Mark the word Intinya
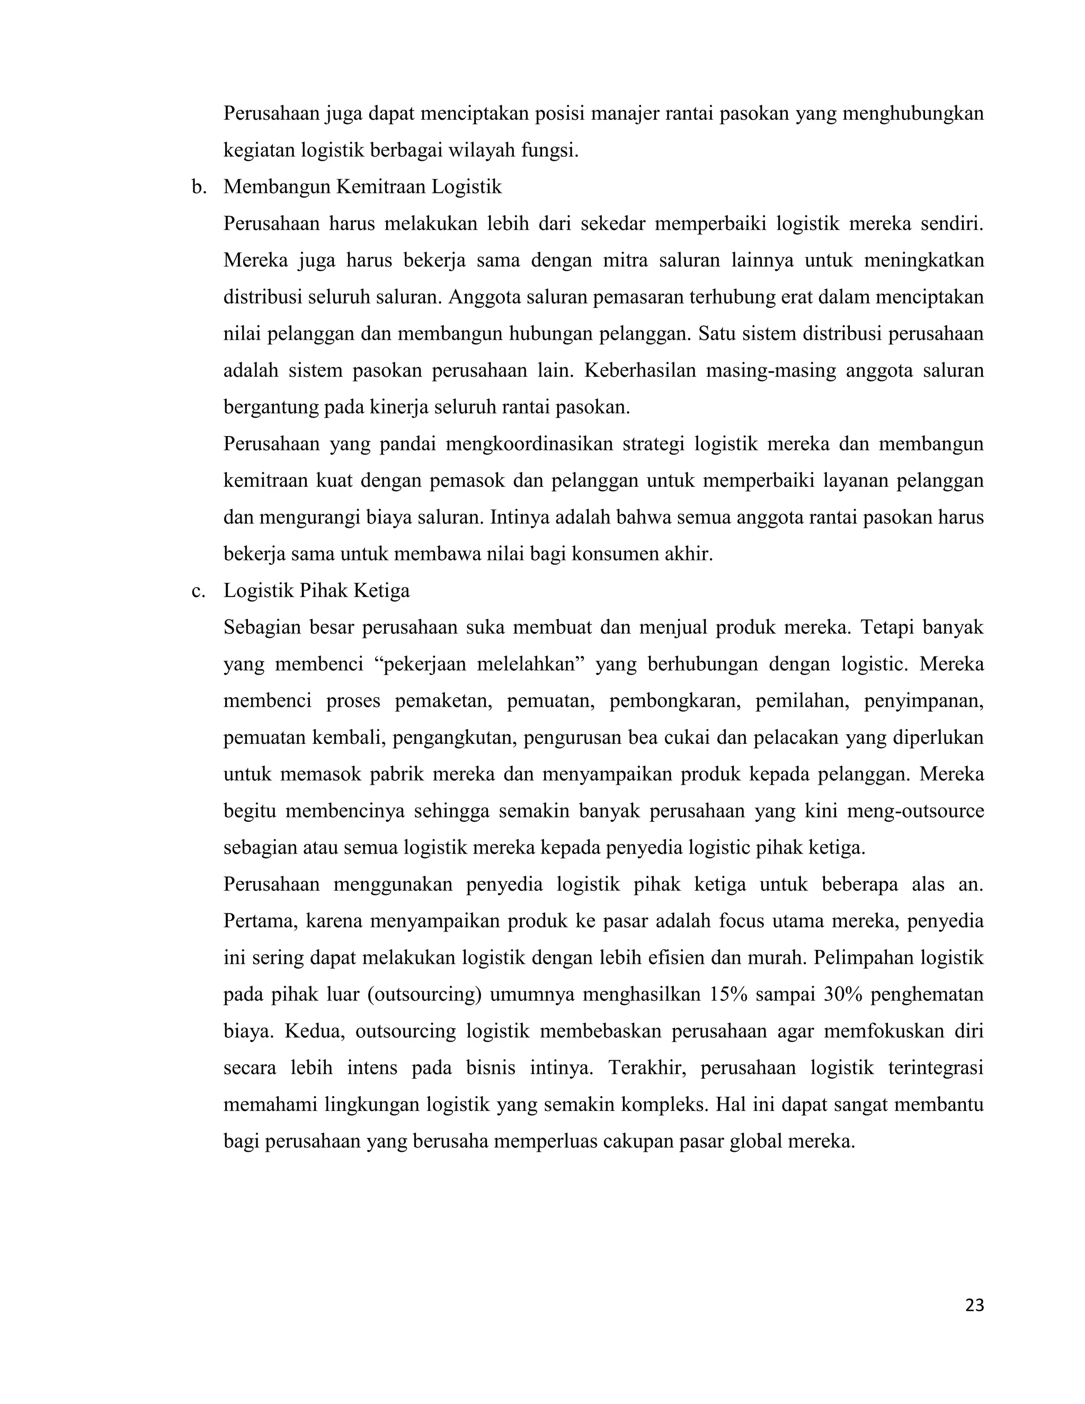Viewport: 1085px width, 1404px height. pos(519,517)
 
